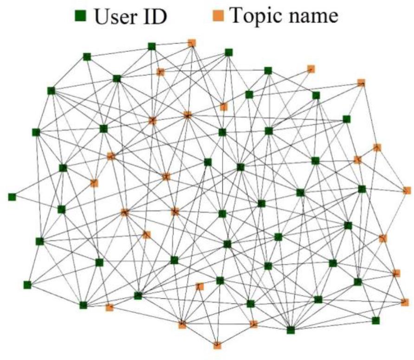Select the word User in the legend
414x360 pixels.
click(117, 17)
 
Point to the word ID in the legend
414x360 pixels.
click(155, 17)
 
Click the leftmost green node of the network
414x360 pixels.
click(12, 197)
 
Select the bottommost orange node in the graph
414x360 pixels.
click(217, 345)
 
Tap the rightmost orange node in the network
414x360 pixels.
click(407, 190)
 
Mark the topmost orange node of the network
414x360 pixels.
click(192, 43)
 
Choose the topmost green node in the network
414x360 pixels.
click(151, 46)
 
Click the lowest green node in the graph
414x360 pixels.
click(291, 330)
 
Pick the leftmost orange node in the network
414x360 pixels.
click(94, 183)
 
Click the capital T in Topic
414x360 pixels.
click(237, 17)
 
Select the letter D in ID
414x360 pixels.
click(160, 17)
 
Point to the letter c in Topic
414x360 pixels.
click(277, 18)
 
